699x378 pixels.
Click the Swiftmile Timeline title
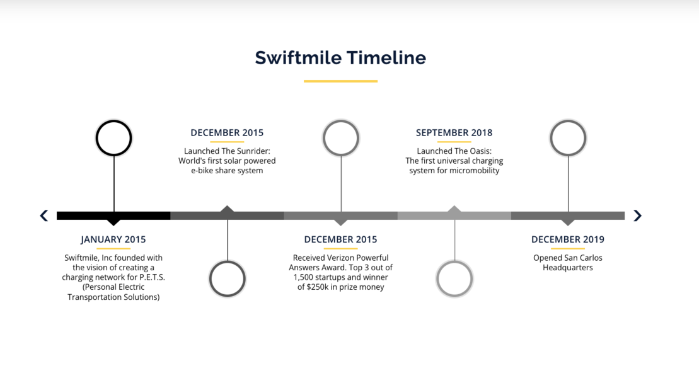click(340, 58)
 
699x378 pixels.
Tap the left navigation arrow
click(43, 215)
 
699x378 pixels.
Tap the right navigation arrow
click(637, 215)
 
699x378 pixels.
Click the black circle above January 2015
click(113, 120)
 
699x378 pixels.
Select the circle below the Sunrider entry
click(228, 261)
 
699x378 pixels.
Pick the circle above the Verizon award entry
click(341, 120)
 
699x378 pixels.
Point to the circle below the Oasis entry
click(454, 261)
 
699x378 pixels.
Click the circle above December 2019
click(568, 120)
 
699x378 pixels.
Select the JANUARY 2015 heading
click(113, 239)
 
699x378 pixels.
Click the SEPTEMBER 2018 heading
click(454, 133)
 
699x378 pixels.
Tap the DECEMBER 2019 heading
click(568, 239)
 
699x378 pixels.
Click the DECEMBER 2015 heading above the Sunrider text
click(227, 133)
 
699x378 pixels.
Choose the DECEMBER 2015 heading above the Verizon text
click(340, 239)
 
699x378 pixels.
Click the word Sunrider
click(252, 151)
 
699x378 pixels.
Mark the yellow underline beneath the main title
click(340, 81)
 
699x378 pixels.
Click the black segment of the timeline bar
click(113, 215)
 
